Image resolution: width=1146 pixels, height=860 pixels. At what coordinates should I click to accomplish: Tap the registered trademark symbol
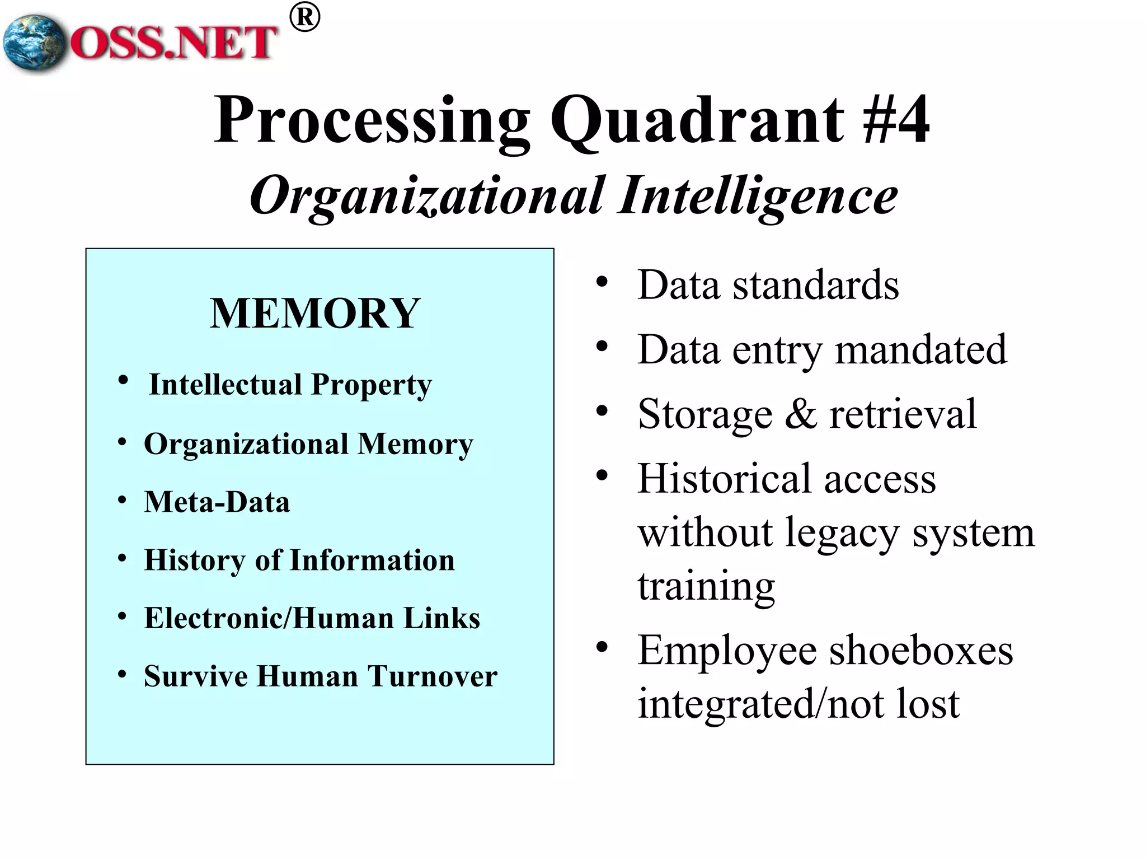[x=305, y=18]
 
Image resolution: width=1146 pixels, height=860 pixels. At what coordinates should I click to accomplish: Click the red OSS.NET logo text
[x=173, y=43]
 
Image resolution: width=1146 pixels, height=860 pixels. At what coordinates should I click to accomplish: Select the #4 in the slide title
[x=896, y=119]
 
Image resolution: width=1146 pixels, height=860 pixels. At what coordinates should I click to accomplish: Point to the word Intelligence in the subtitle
[x=758, y=196]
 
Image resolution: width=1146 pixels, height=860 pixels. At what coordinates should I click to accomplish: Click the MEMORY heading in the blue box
[x=315, y=314]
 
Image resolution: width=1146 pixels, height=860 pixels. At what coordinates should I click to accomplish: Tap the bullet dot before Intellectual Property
[x=123, y=381]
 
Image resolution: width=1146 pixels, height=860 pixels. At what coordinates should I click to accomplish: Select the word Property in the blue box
[x=372, y=385]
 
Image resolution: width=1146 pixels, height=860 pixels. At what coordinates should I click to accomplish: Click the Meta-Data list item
[x=217, y=502]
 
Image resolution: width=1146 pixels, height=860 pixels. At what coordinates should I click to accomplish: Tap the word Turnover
[x=432, y=676]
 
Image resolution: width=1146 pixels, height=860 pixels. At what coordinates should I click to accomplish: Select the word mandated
[x=920, y=350]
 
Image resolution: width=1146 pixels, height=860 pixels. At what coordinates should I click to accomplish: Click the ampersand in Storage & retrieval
[x=801, y=414]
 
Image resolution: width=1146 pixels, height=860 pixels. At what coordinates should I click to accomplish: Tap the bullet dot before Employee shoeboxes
[x=602, y=648]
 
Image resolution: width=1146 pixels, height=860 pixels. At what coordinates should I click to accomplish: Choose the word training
[x=706, y=586]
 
